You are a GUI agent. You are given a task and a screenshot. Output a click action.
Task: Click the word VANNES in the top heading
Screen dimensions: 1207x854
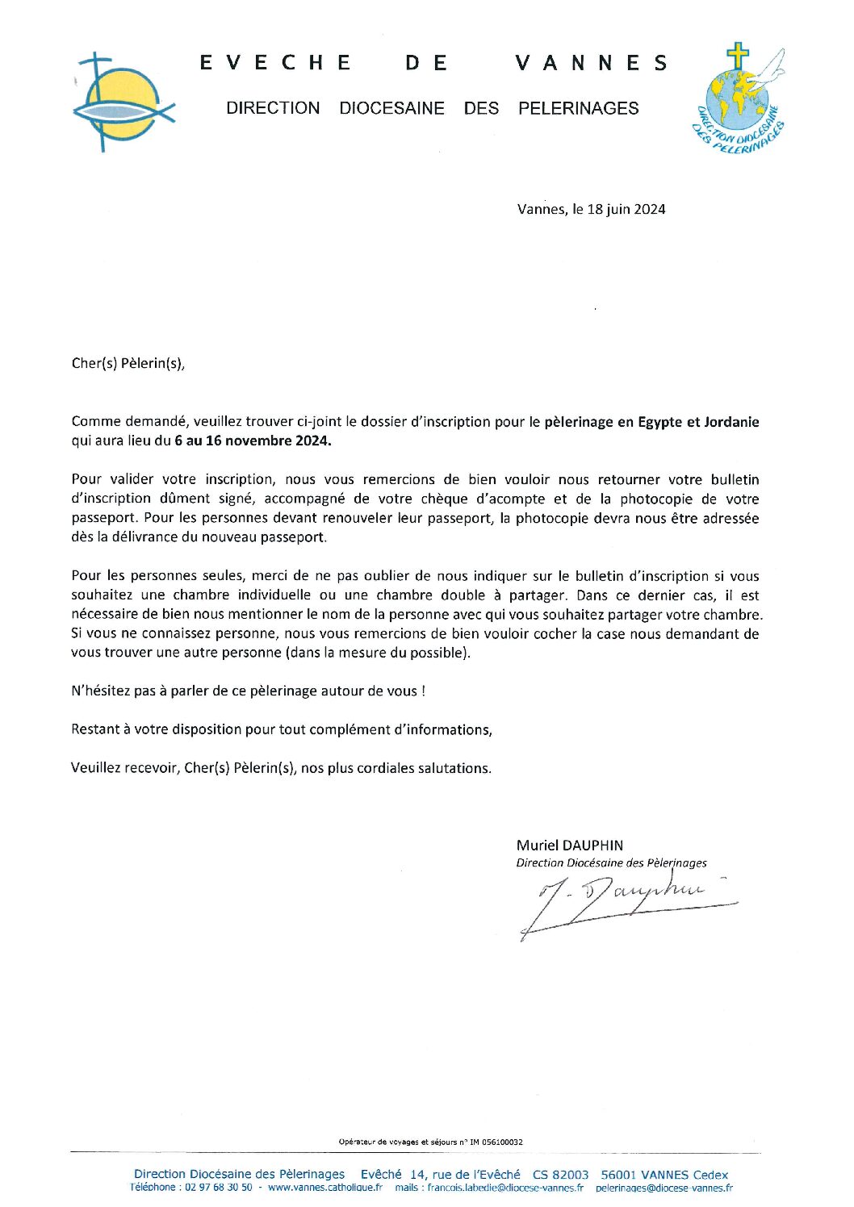click(592, 63)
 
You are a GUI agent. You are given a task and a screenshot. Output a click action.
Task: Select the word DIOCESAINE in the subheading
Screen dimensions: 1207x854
click(391, 108)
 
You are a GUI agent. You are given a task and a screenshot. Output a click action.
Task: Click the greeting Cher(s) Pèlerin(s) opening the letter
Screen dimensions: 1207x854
click(128, 363)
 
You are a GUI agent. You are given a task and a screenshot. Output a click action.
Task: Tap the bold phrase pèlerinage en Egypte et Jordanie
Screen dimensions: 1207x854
click(651, 421)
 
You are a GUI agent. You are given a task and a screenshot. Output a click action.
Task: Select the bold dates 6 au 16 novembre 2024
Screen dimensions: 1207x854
click(253, 441)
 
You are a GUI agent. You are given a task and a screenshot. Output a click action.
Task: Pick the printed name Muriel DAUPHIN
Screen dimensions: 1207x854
click(570, 845)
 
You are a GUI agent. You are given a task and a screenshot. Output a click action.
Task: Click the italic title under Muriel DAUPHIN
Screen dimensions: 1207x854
click(611, 862)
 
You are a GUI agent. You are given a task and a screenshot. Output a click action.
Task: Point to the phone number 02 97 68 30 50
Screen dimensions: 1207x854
click(219, 1188)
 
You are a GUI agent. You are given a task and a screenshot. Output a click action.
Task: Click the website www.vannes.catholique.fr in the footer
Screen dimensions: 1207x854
click(324, 1188)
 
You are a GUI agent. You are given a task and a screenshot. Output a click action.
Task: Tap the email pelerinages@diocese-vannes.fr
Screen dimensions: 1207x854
click(664, 1188)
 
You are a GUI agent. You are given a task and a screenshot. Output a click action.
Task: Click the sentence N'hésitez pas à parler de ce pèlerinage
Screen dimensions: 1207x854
click(248, 691)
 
